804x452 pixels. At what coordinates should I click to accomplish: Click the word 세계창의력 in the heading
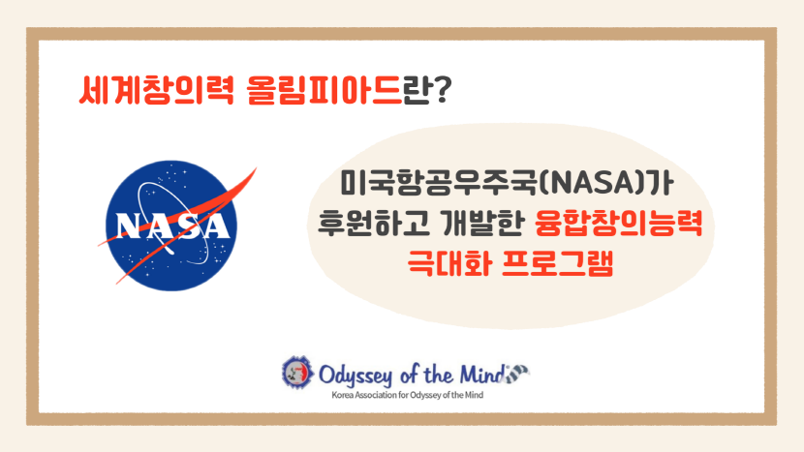point(156,90)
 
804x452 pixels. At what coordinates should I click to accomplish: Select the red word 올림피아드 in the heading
point(325,90)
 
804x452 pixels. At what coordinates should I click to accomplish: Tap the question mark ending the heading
point(441,90)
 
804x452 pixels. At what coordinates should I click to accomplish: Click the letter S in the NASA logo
point(188,226)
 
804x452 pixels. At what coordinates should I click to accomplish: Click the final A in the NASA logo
point(214,226)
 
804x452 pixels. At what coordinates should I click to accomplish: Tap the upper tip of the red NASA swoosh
point(256,168)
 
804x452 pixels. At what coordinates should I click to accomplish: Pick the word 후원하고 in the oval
point(374,224)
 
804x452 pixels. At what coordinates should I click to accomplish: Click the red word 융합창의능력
point(618,224)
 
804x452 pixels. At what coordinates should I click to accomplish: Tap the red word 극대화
point(449,263)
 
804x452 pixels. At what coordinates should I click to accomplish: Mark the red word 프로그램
point(557,263)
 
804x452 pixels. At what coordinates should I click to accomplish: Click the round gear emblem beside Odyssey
point(297,372)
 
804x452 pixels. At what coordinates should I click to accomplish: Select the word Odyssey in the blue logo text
point(355,376)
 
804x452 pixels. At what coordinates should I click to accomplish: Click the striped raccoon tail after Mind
point(517,374)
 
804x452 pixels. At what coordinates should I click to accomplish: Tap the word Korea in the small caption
point(343,395)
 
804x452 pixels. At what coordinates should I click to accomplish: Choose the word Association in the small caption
point(376,395)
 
